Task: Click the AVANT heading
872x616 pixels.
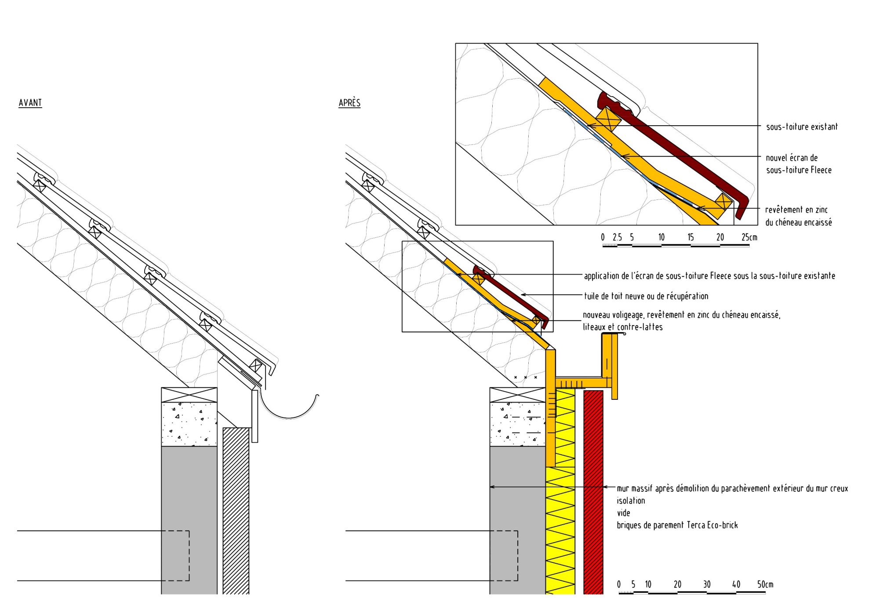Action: coord(30,103)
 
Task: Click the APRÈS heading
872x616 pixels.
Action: coord(349,103)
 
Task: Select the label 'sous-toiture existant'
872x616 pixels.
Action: coord(802,127)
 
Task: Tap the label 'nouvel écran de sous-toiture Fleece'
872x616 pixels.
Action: coord(798,164)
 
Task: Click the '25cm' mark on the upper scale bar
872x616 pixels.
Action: coord(749,237)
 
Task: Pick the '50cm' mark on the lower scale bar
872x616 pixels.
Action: coord(765,584)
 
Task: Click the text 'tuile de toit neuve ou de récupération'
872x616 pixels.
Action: coord(646,296)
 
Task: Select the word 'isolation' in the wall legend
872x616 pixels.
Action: coord(631,500)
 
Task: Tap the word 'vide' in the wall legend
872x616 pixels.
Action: coord(623,513)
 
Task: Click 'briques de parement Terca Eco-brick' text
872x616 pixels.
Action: coord(677,525)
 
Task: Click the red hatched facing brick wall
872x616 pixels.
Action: coord(593,492)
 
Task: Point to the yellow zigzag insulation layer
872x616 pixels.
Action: coord(560,527)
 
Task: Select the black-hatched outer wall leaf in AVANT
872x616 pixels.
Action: coord(236,510)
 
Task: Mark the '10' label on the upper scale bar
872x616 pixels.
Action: coord(661,237)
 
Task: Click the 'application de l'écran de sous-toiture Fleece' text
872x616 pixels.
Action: coord(709,276)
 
